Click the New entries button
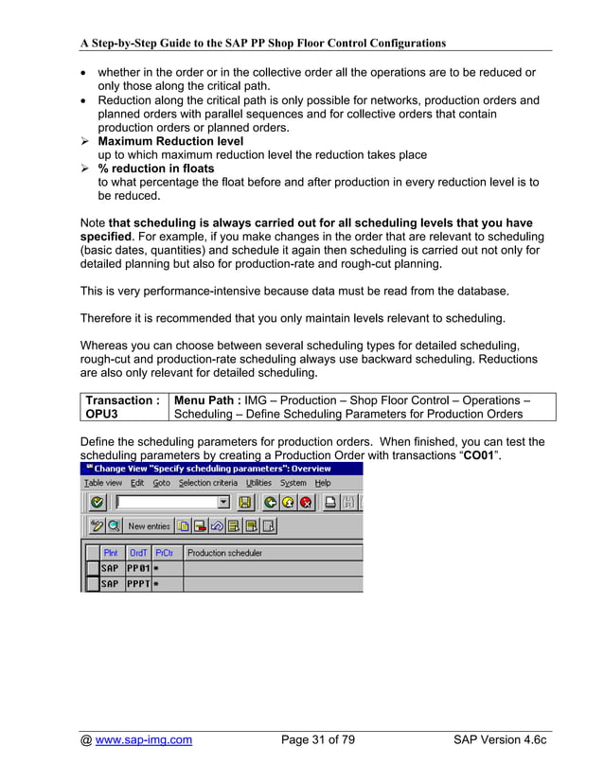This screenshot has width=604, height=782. pos(149,526)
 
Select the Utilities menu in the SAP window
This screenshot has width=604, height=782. pos(258,483)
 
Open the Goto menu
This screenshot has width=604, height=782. pos(162,483)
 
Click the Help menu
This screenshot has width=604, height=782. pos(324,483)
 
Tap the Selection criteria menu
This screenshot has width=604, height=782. pos(208,483)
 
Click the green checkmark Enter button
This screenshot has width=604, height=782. pos(97,503)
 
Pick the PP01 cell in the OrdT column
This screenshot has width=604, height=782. pos(138,568)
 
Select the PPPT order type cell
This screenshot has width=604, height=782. pos(138,584)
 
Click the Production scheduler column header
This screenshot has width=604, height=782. pos(225,552)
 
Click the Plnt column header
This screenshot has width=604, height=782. pos(111,552)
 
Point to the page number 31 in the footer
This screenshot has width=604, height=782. pos(318,740)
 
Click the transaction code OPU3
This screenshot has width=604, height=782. pos(102,414)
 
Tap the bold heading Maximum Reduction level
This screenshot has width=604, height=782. pos(170,141)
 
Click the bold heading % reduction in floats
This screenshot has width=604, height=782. pos(156,169)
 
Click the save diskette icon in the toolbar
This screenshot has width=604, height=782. pos(244,503)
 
